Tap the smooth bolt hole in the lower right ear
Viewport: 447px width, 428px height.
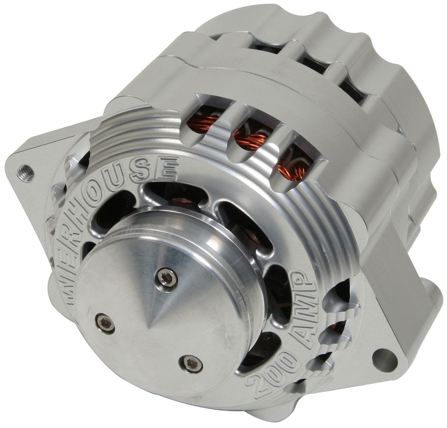point(384,355)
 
